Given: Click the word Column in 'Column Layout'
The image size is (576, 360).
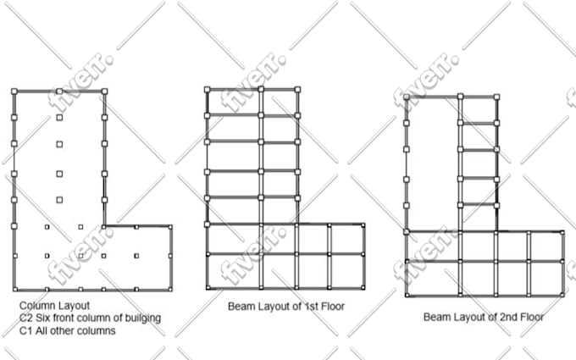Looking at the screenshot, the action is point(36,306).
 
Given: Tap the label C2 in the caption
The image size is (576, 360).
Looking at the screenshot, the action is point(25,318).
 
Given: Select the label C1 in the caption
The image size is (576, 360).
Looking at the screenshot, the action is point(25,330).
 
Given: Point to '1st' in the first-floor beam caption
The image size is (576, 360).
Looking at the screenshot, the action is point(310,307).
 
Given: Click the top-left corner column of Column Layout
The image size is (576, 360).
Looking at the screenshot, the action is point(14,91).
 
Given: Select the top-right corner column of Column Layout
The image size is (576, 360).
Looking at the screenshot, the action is point(105,91).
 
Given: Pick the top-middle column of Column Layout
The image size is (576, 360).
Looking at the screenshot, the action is point(59,91).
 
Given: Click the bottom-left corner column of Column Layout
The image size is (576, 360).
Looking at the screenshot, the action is point(15,290).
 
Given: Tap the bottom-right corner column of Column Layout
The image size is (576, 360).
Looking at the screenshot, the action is point(170,290).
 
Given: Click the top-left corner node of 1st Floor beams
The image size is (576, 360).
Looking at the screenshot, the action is point(208,89).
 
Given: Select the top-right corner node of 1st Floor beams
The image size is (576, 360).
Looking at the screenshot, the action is point(297,89).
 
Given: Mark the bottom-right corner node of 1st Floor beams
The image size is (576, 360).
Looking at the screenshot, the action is point(363,287).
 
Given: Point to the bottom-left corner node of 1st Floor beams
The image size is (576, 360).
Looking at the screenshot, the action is point(208,287).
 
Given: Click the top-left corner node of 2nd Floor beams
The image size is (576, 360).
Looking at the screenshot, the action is point(407,97).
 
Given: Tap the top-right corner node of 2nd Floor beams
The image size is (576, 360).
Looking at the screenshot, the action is point(496,97).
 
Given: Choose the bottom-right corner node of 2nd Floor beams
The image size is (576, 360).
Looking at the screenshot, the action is point(562,295).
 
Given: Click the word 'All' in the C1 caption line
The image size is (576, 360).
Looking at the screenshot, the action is point(42,330).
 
